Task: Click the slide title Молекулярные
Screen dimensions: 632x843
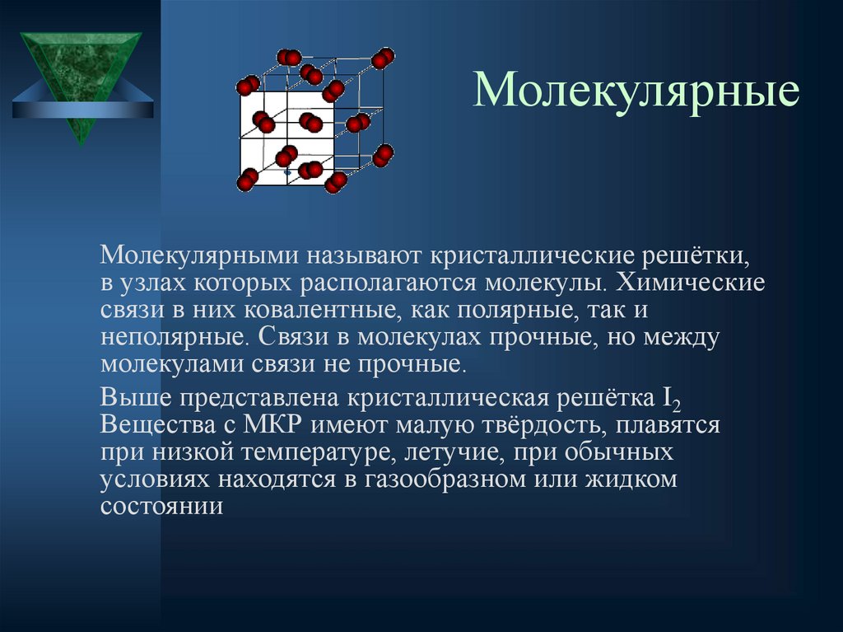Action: pyautogui.click(x=636, y=91)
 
